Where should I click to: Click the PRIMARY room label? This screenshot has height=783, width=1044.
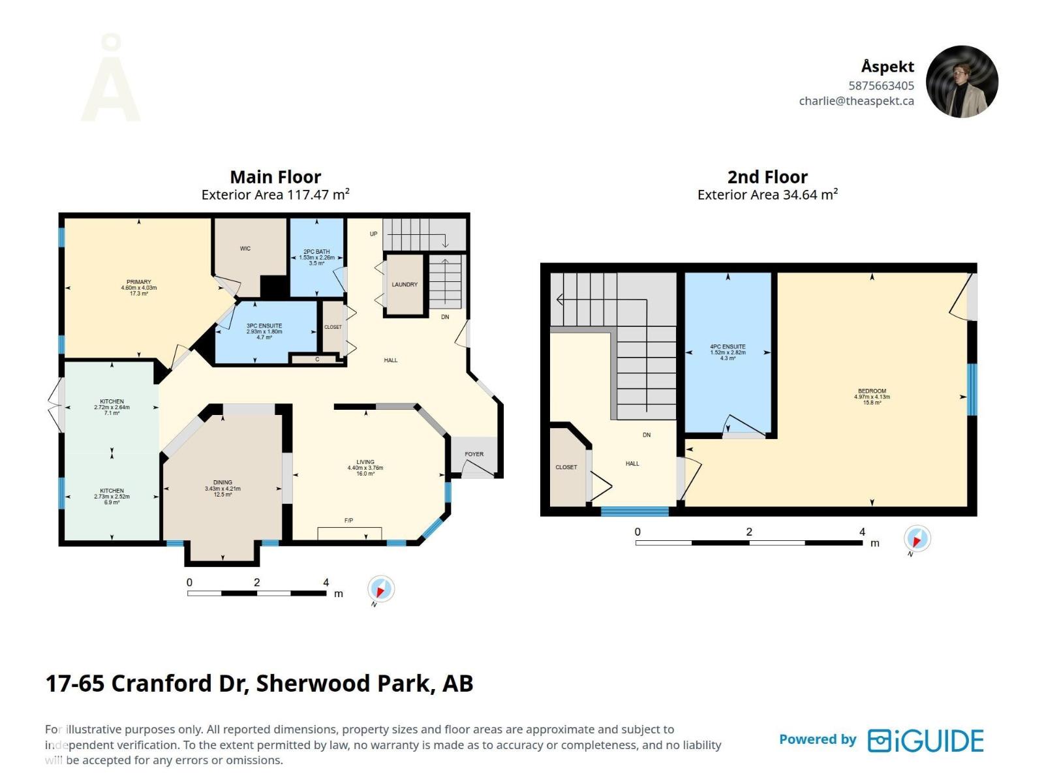pos(138,283)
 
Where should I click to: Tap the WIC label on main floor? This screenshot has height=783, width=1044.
pos(245,249)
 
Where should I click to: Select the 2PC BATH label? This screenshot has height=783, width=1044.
pos(316,252)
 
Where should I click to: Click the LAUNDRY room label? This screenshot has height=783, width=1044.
pos(405,284)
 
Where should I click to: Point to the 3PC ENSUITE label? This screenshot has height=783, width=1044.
pos(264,326)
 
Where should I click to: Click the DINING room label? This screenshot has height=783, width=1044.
pos(223,483)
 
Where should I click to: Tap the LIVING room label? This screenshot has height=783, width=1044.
pos(365,462)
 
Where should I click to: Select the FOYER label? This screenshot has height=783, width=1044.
pos(474,454)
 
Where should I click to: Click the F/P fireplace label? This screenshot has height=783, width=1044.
pos(349,521)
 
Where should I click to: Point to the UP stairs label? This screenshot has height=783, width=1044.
pos(374,234)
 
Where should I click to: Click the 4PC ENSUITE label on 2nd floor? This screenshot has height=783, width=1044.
pos(728,347)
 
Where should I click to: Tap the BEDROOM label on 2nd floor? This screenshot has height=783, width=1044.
pos(872,391)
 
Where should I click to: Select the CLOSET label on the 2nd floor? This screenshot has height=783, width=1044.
pos(566,467)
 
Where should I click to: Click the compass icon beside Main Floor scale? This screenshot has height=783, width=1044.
pos(380,589)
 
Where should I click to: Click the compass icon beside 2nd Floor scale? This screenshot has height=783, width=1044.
pos(917,539)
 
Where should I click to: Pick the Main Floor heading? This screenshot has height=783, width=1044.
pos(275,177)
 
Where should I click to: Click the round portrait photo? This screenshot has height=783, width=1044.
pos(962,82)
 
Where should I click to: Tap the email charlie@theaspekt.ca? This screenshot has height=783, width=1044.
pos(856,101)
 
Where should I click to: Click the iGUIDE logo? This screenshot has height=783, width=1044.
pos(925,741)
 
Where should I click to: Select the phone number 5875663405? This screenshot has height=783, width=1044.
pos(881,85)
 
